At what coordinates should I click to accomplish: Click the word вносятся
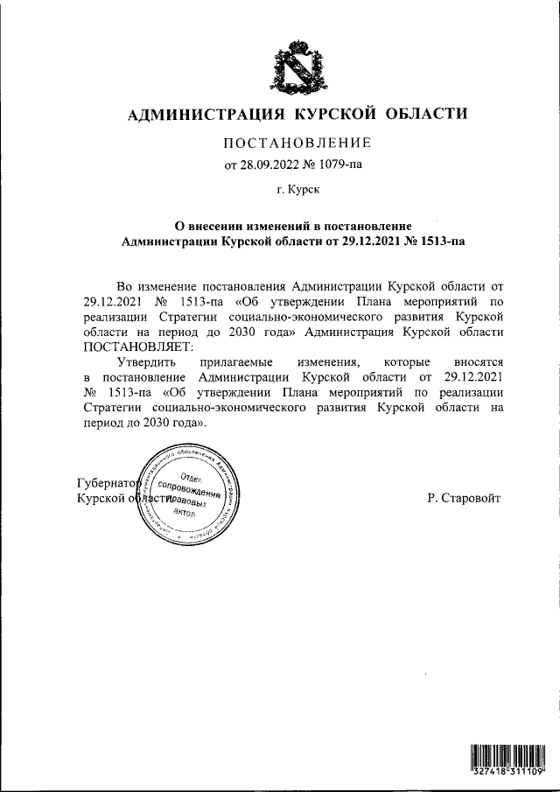pyautogui.click(x=480, y=361)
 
